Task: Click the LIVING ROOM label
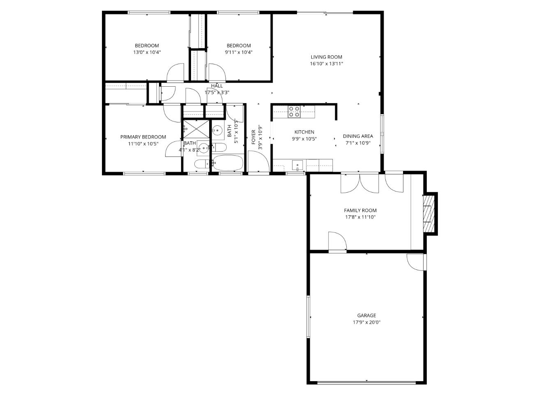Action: [x=326, y=57]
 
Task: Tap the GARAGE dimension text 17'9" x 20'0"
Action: [x=366, y=322]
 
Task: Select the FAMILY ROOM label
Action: [x=360, y=210]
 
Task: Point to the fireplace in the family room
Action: [x=429, y=214]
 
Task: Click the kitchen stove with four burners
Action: [x=294, y=112]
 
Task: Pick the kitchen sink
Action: [x=297, y=166]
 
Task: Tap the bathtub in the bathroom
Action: [x=228, y=163]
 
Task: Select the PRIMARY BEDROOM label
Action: [x=143, y=137]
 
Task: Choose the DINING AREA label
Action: [x=358, y=136]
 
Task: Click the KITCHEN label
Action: [x=304, y=132]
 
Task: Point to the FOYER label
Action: [x=253, y=137]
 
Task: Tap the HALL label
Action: [x=217, y=86]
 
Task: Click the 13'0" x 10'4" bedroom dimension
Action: [x=147, y=52]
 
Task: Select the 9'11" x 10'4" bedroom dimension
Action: [x=238, y=52]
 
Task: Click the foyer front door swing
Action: [x=258, y=162]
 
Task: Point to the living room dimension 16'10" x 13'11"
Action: [x=326, y=64]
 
